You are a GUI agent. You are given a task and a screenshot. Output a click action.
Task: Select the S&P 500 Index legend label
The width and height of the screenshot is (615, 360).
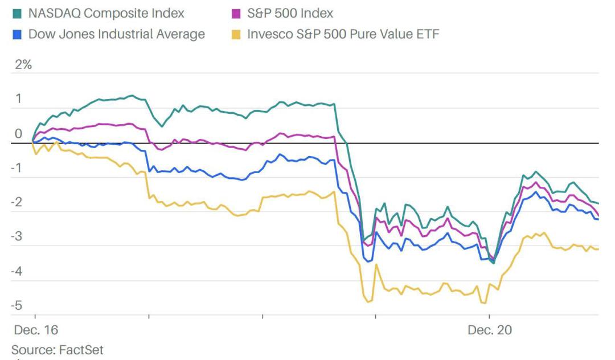click(x=290, y=13)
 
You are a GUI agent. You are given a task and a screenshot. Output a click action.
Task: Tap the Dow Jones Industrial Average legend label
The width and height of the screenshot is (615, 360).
click(x=116, y=34)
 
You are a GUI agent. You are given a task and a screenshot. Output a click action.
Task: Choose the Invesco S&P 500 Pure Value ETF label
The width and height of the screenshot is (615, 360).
click(x=343, y=34)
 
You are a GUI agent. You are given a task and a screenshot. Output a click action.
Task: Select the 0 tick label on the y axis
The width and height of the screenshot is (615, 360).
click(x=18, y=134)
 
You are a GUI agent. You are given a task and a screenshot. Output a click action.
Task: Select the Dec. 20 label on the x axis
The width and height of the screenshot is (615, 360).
click(x=490, y=330)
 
